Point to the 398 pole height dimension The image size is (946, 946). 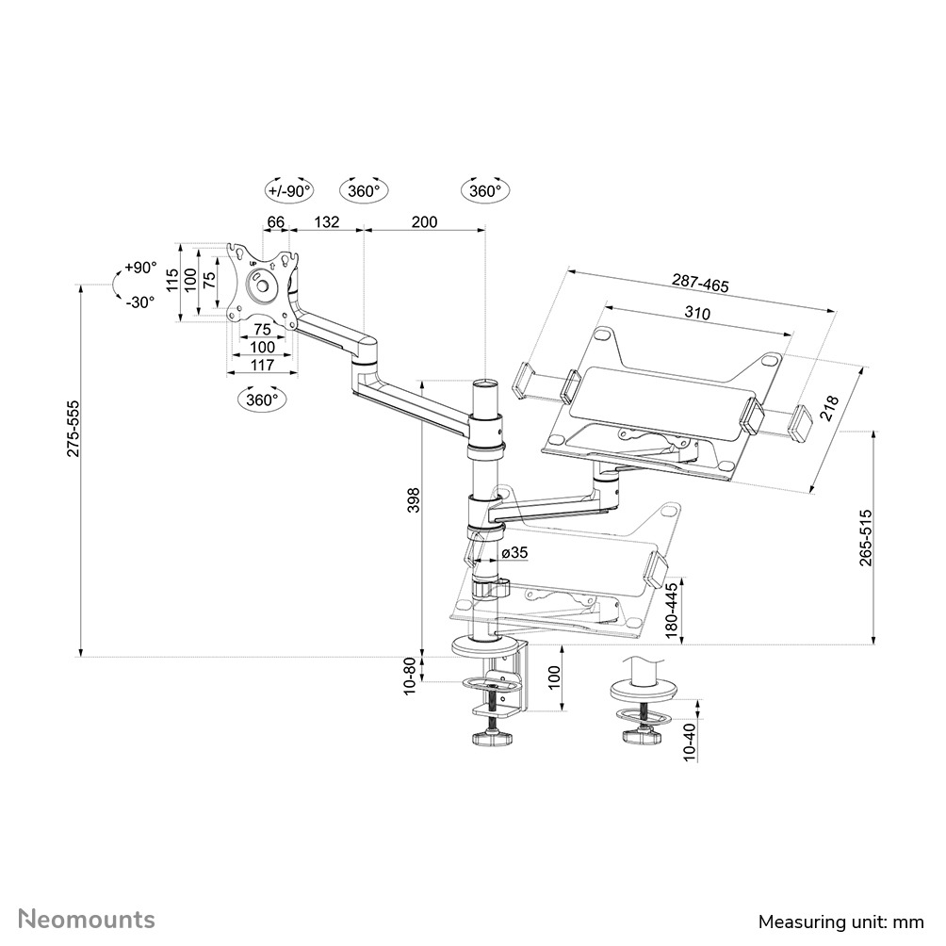click(412, 500)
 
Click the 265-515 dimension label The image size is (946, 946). click(866, 538)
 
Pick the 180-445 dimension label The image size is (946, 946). click(672, 612)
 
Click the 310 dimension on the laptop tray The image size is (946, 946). click(698, 313)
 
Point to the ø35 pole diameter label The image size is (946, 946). click(514, 552)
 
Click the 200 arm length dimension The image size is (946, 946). click(425, 221)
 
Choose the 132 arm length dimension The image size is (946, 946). click(325, 221)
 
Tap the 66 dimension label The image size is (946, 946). click(275, 221)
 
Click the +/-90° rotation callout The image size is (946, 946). click(288, 190)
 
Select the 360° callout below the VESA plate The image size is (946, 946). click(262, 400)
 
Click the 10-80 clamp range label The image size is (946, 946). click(410, 677)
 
